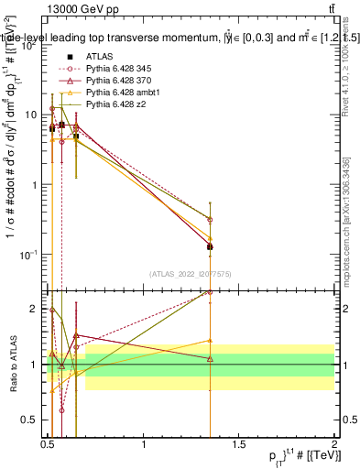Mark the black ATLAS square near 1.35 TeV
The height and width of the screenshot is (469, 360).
click(x=211, y=246)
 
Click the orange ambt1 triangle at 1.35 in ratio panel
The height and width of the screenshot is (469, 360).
click(x=211, y=341)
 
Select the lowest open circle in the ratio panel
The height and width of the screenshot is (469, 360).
click(x=61, y=410)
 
